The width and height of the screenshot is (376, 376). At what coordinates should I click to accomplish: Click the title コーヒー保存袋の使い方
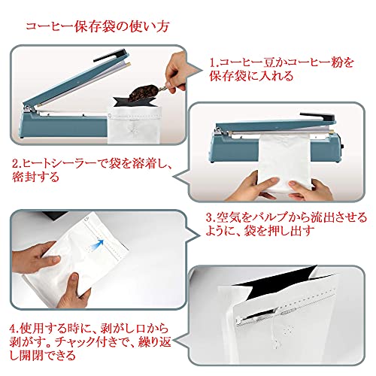click(98, 27)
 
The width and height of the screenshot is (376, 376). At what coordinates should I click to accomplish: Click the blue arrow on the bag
click(99, 244)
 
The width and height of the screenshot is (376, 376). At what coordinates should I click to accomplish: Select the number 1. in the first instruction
click(214, 62)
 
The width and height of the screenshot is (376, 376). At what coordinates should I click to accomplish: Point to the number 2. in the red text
click(17, 164)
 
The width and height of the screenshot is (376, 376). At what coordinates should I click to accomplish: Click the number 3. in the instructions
click(211, 217)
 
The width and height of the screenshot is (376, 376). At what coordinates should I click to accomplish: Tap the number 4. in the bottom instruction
click(14, 328)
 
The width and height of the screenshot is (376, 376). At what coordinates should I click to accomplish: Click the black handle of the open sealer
click(110, 56)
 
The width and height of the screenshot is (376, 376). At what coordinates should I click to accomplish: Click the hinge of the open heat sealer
click(29, 109)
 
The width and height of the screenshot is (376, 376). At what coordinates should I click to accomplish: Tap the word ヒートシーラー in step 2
click(59, 164)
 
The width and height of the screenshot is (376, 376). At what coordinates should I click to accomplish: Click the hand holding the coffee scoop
click(176, 71)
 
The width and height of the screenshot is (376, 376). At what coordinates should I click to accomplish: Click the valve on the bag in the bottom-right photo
click(288, 331)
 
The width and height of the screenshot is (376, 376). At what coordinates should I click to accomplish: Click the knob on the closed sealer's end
click(342, 147)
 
